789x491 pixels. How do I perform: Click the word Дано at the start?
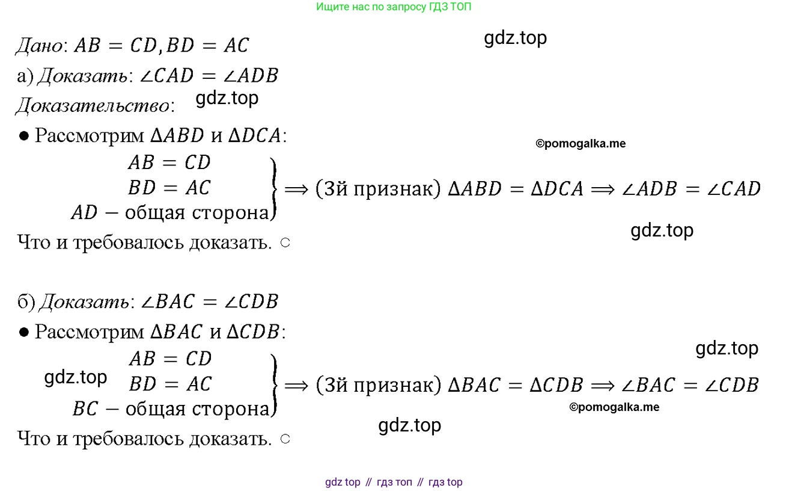[x=40, y=46]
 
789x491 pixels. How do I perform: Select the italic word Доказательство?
[x=93, y=105]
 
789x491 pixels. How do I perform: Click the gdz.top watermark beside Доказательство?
[x=227, y=98]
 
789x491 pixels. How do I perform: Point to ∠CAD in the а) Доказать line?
[x=166, y=75]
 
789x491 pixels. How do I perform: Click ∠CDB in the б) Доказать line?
[x=251, y=301]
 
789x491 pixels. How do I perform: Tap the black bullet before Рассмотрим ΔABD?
[x=23, y=136]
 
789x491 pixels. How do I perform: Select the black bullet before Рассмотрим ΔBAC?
[x=23, y=332]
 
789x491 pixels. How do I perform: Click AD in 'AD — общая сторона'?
[x=84, y=212]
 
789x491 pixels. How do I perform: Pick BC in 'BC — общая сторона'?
[x=85, y=409]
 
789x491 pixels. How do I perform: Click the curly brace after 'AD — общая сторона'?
[x=273, y=189]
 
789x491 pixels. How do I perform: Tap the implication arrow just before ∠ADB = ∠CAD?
[x=603, y=190]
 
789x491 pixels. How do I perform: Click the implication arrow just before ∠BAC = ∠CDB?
[x=603, y=386]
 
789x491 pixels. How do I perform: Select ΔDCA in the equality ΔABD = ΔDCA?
[x=557, y=189]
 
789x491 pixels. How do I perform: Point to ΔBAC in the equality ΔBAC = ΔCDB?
[x=474, y=385]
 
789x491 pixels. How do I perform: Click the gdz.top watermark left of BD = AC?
[x=75, y=377]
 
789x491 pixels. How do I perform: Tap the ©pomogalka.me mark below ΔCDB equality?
[x=614, y=407]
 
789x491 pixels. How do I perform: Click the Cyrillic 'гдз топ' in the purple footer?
[x=394, y=482]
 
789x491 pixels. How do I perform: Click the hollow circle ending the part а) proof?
[x=285, y=242]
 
